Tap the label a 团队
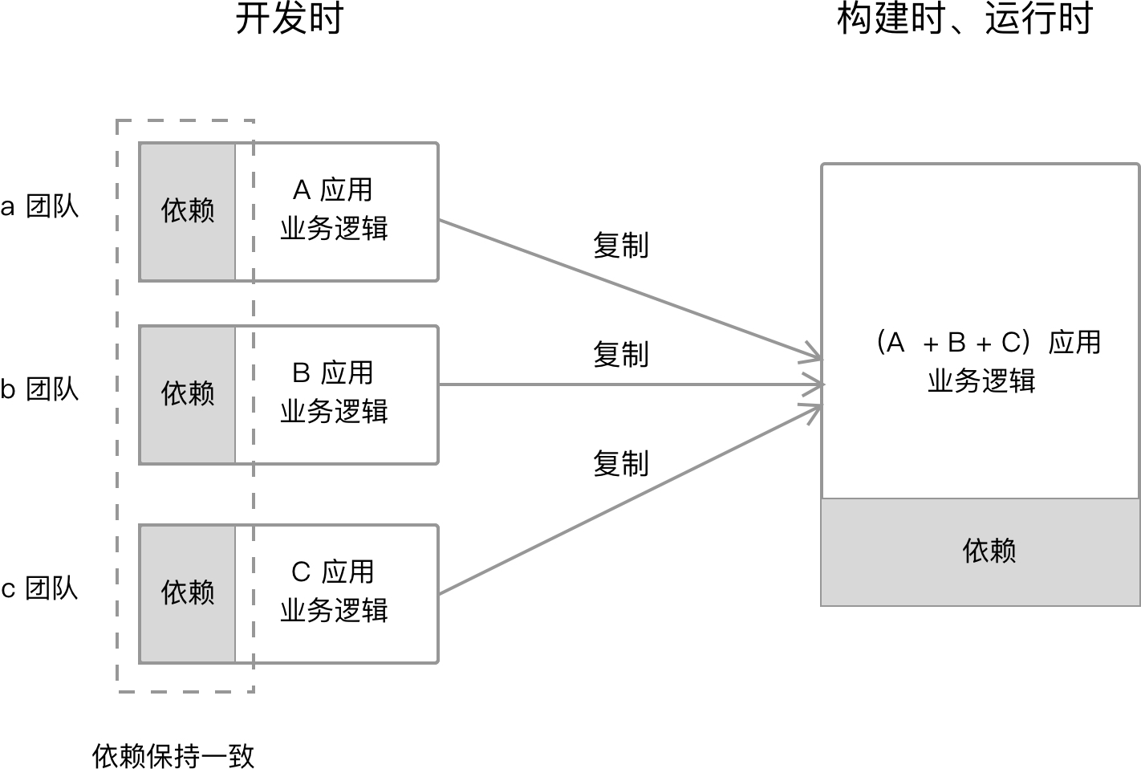(x=39, y=207)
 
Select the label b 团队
(x=39, y=390)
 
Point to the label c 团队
(x=39, y=589)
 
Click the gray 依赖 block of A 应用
(x=188, y=211)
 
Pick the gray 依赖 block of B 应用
(x=188, y=394)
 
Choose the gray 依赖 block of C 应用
(x=188, y=593)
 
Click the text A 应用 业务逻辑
(x=334, y=210)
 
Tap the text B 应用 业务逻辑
(x=334, y=393)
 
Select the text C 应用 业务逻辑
(x=334, y=592)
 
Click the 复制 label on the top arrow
(x=620, y=246)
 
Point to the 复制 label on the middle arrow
(x=620, y=354)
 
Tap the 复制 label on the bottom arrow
(x=620, y=463)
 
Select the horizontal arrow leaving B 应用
(x=626, y=384)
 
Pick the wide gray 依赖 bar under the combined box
(x=981, y=551)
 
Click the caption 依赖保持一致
(x=173, y=755)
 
